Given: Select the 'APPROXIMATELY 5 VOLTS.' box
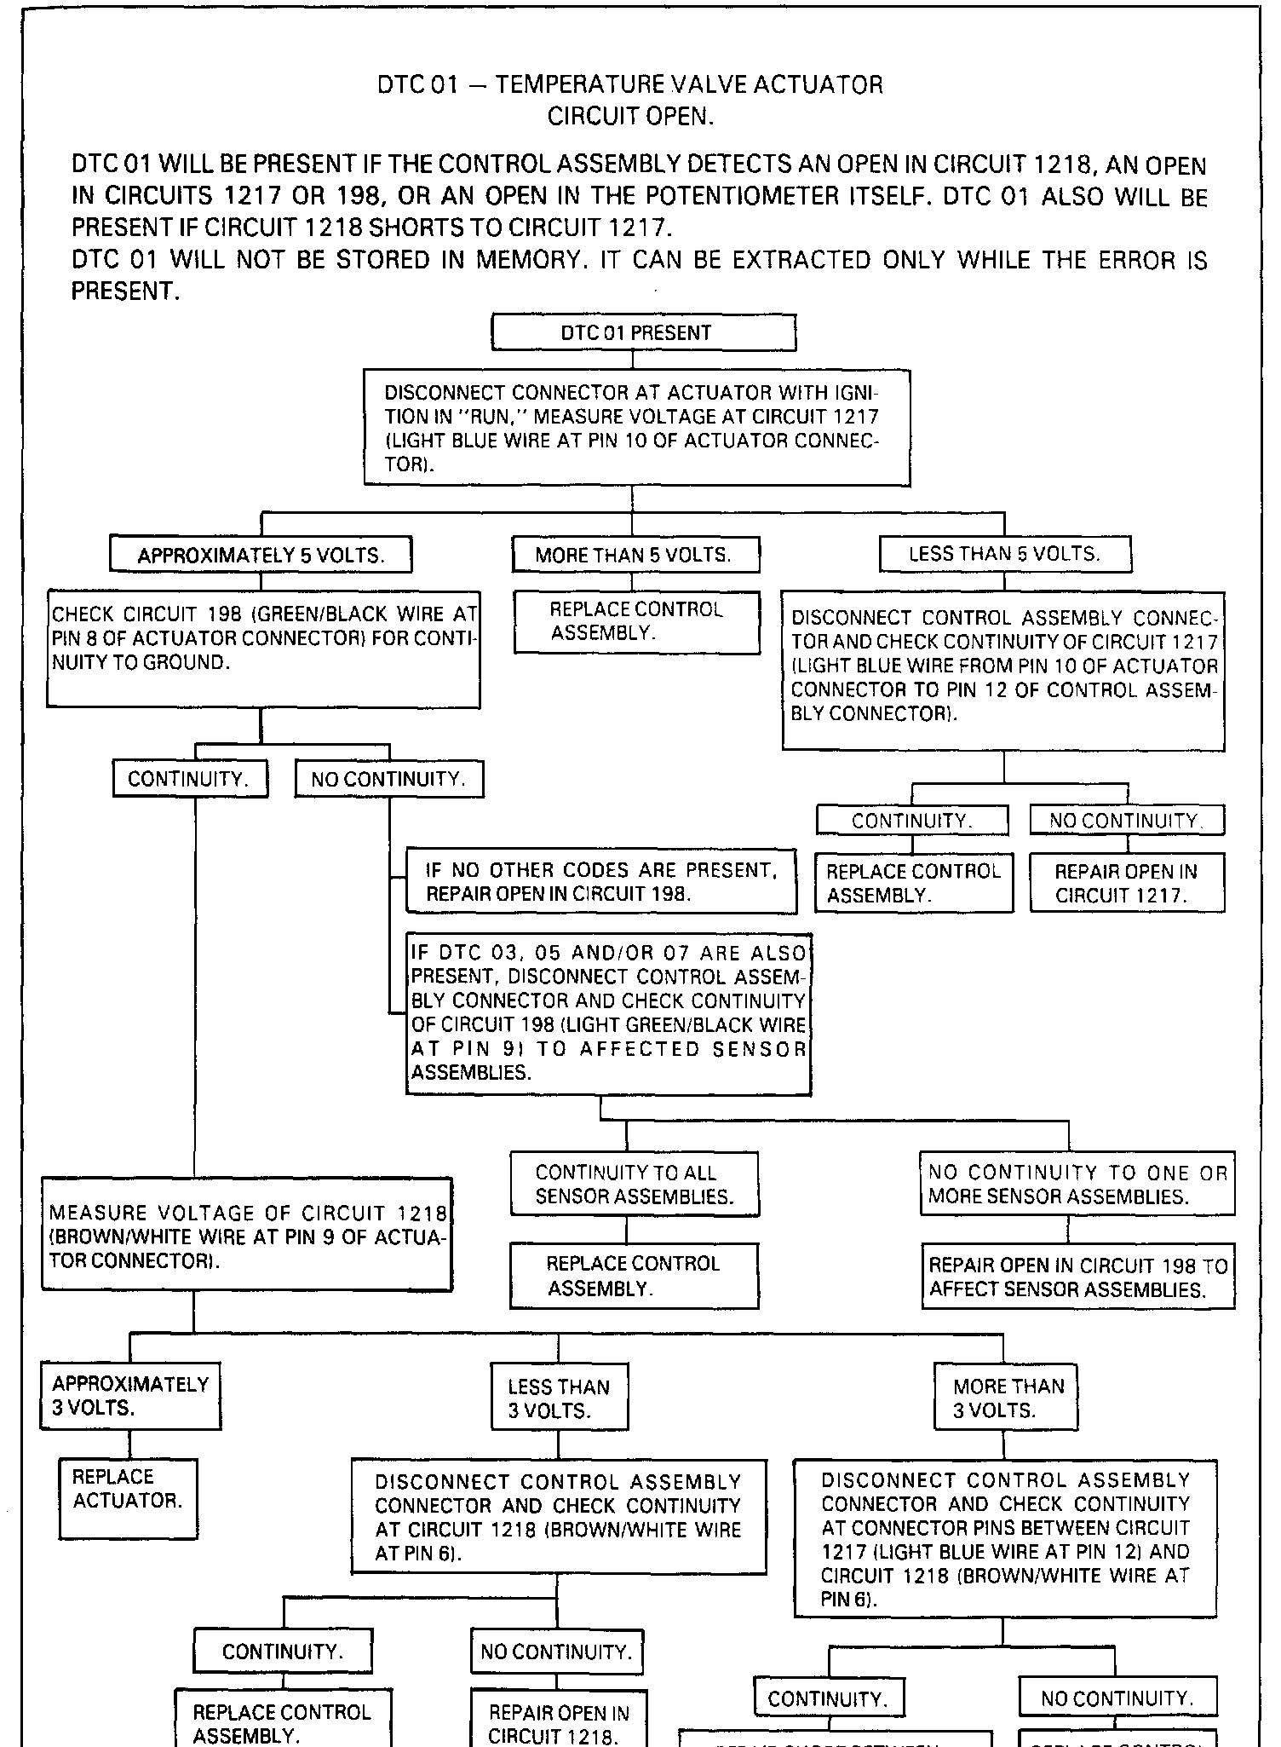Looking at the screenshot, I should (x=261, y=556).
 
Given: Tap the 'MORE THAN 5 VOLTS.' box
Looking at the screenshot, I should (x=635, y=556).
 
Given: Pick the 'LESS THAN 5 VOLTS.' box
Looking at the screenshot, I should (x=1005, y=555).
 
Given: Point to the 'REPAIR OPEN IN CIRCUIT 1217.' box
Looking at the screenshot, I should (x=1127, y=883).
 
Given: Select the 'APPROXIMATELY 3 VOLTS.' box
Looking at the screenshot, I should (x=130, y=1396).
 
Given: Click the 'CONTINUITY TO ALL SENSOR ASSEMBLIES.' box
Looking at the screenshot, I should (x=635, y=1185).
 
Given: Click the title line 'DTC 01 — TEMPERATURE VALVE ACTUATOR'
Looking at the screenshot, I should (x=630, y=85).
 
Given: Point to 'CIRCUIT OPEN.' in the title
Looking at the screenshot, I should (x=630, y=117).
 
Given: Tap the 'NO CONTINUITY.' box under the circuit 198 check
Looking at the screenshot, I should (x=389, y=780).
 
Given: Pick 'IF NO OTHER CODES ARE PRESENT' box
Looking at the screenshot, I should (x=601, y=882).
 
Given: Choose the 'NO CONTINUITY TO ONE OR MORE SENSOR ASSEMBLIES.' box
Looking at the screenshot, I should (x=1077, y=1185).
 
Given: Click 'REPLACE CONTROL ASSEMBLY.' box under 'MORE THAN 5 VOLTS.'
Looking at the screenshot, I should (x=636, y=622).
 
